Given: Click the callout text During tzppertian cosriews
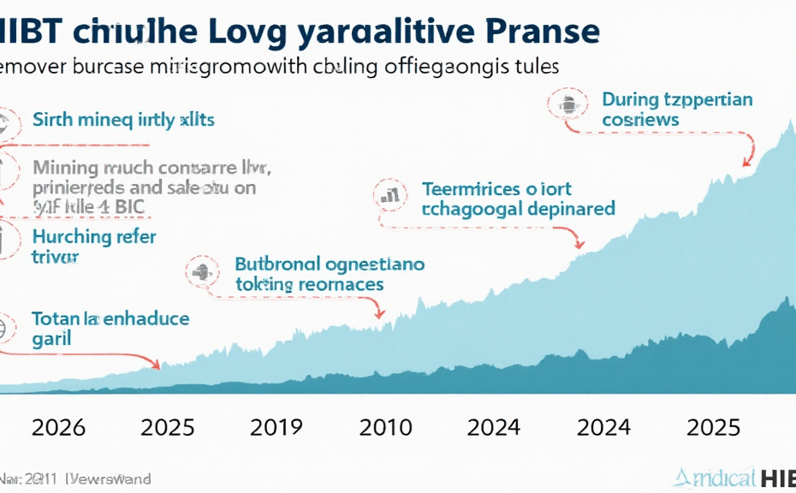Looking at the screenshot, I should pos(677,110).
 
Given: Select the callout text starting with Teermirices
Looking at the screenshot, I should pos(519,199).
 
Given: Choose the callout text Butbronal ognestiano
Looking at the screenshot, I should pos(329,274).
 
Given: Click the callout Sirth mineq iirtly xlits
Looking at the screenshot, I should pos(123,120).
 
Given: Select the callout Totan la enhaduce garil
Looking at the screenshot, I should pos(110,329).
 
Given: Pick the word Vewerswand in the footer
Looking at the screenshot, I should pos(111,478).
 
